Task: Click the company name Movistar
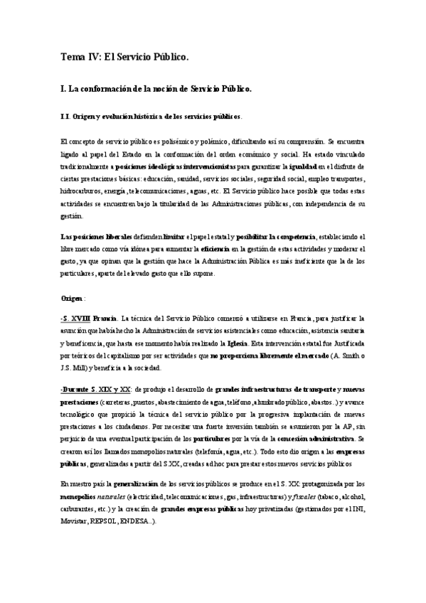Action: coord(74,521)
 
